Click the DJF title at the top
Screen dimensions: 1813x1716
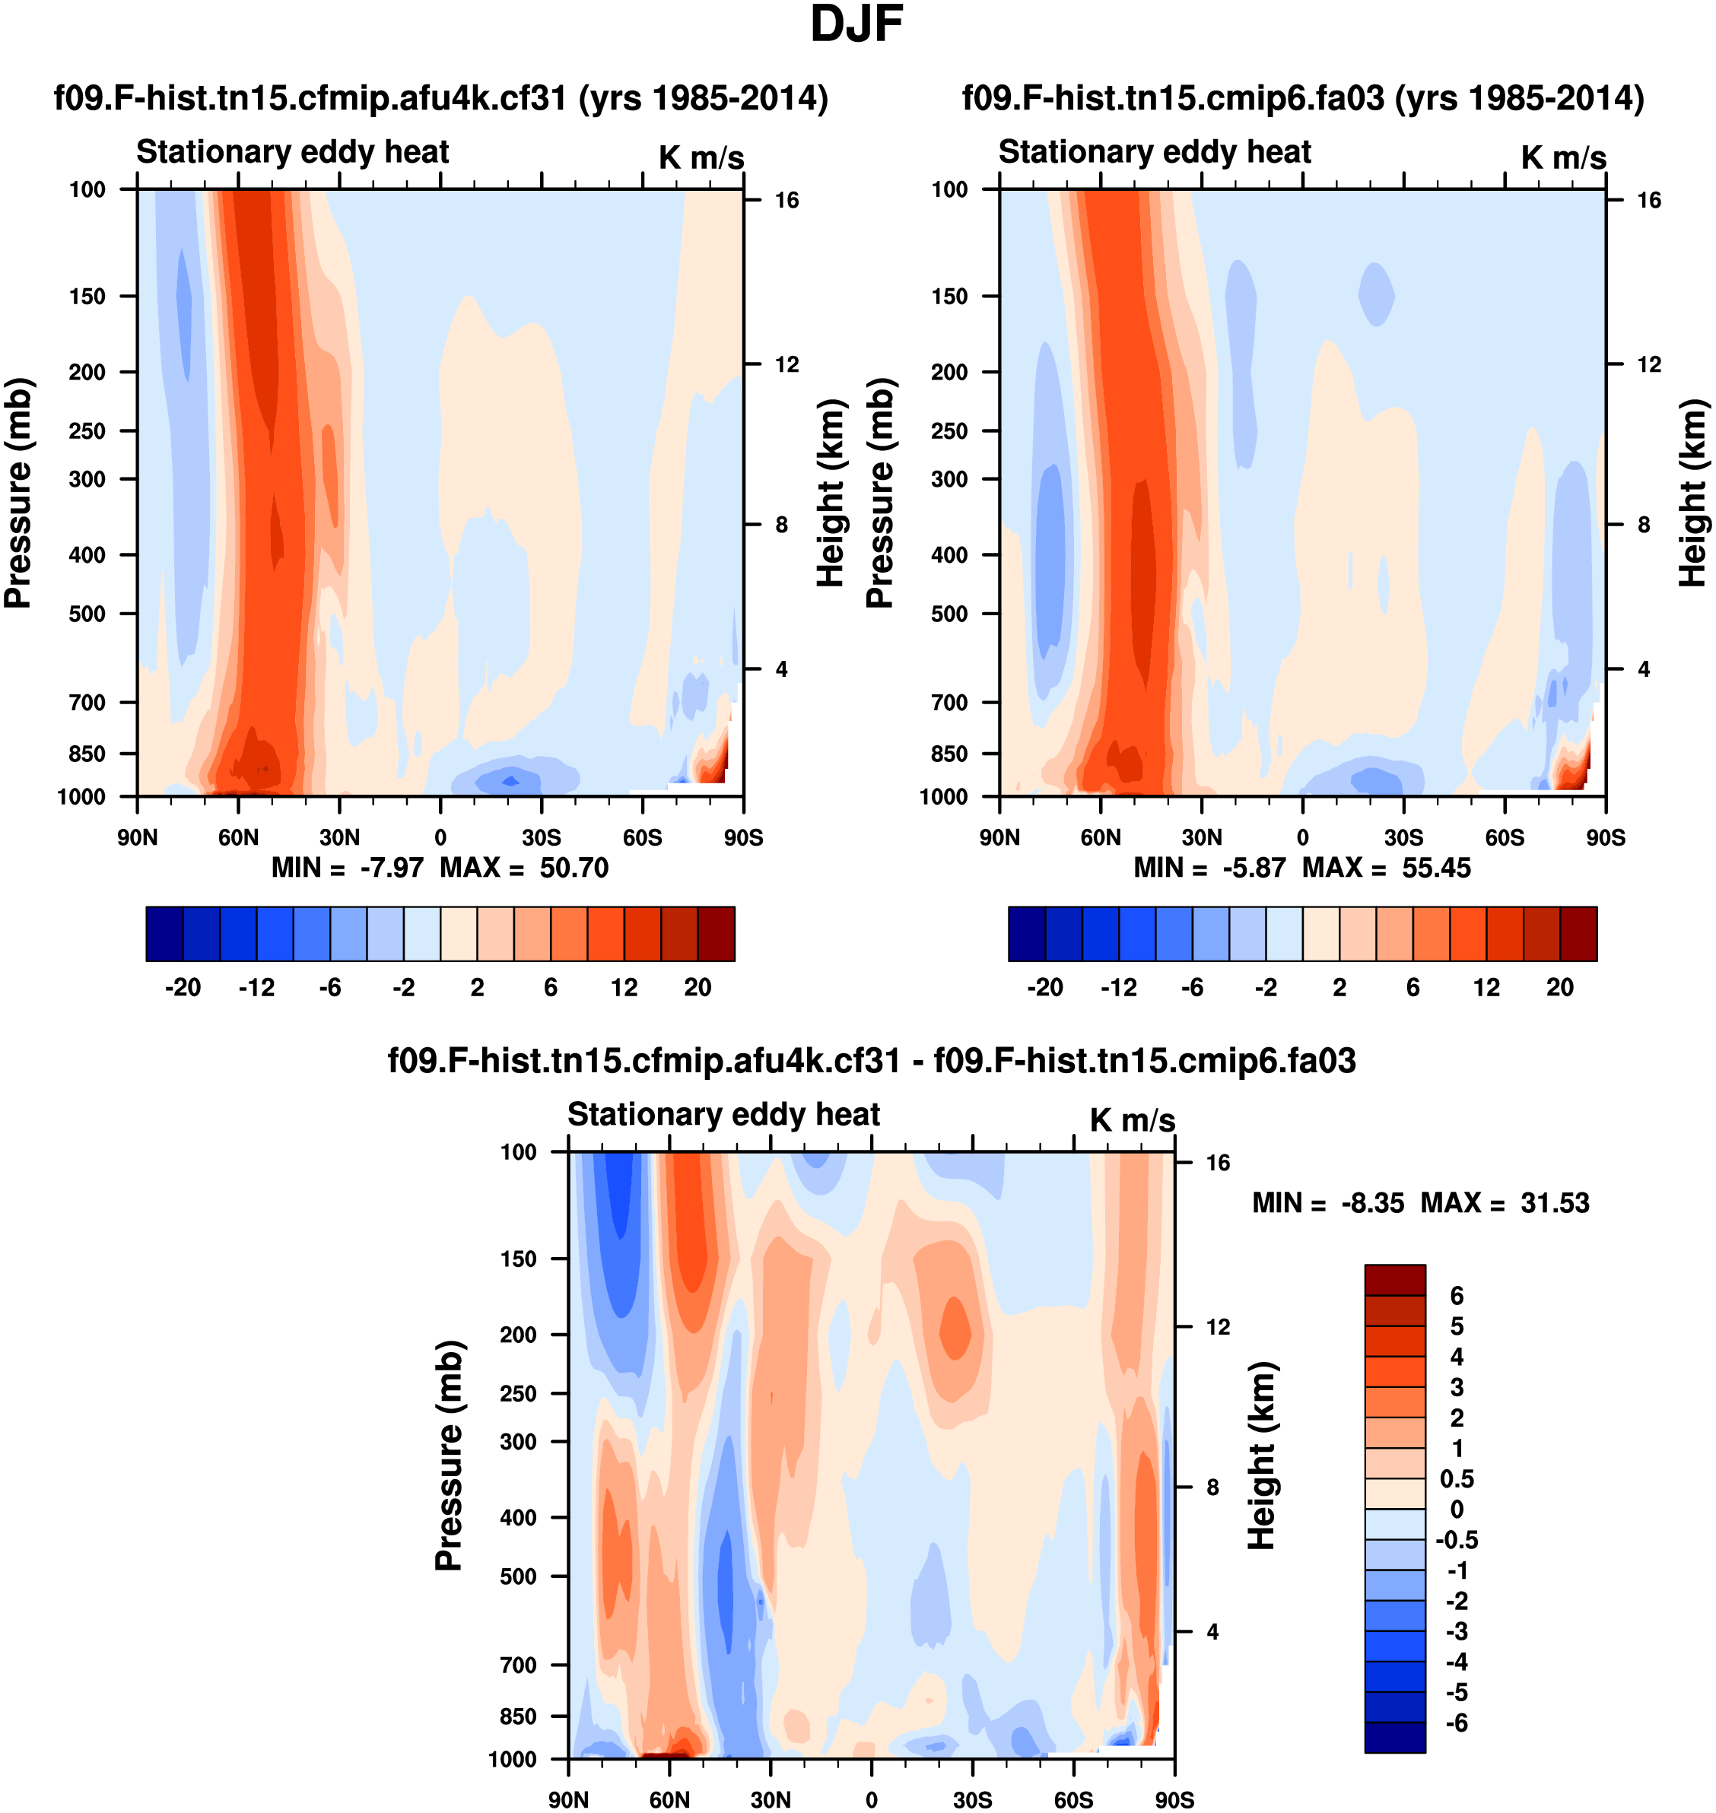(x=856, y=24)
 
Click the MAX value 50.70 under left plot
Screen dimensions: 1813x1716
(x=574, y=867)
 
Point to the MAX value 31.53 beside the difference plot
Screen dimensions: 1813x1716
(x=1555, y=1202)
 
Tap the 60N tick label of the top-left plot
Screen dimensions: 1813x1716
(x=238, y=837)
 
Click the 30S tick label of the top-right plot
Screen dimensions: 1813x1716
(x=1403, y=837)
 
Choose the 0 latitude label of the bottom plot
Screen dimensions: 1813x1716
(x=871, y=1799)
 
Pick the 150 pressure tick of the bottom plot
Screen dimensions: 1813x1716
(x=518, y=1259)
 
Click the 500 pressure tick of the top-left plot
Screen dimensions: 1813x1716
(x=87, y=614)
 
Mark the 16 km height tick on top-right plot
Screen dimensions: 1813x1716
(x=1648, y=200)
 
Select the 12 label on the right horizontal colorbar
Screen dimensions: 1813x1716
(x=1486, y=987)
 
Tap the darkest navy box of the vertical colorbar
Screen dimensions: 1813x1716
(x=1394, y=1736)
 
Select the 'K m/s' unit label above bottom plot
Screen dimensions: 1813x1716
(x=1132, y=1119)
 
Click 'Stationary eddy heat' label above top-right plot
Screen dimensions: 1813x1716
(x=1155, y=152)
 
